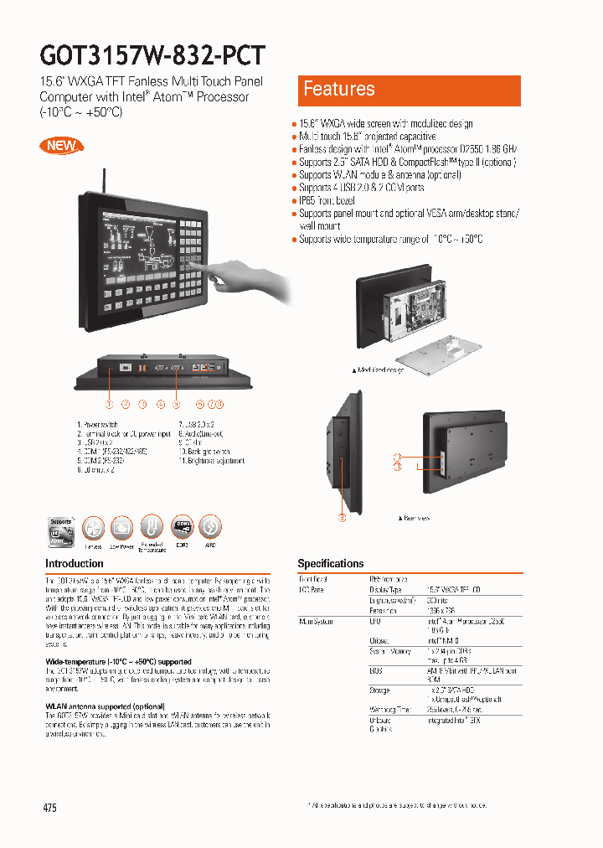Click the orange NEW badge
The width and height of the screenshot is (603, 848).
click(61, 144)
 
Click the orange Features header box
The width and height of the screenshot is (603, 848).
click(410, 90)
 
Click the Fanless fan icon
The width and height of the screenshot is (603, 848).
click(94, 528)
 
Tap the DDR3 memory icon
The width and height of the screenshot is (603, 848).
click(183, 528)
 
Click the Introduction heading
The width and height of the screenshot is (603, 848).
click(75, 564)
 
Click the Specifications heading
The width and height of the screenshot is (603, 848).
click(331, 564)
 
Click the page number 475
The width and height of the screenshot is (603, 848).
click(49, 808)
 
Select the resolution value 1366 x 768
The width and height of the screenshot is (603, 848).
click(441, 611)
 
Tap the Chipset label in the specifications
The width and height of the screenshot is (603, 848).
click(380, 640)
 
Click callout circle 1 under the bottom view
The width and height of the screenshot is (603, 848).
click(109, 404)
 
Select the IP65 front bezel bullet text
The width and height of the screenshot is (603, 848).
click(327, 201)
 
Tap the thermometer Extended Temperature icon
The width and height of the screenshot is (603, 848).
click(152, 528)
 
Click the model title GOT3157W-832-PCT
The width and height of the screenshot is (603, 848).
click(152, 55)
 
